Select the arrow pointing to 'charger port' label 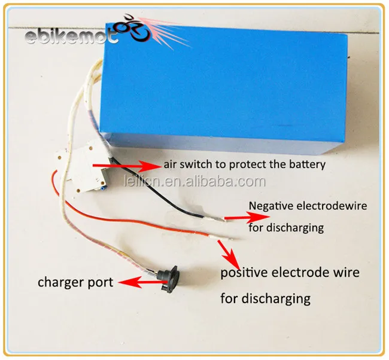coord(141,283)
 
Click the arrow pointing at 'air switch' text coord(126,166)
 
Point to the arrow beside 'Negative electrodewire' coord(247,218)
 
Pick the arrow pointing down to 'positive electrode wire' coord(229,255)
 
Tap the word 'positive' coord(244,273)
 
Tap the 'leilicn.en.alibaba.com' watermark coord(195,181)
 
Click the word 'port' coord(101,283)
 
